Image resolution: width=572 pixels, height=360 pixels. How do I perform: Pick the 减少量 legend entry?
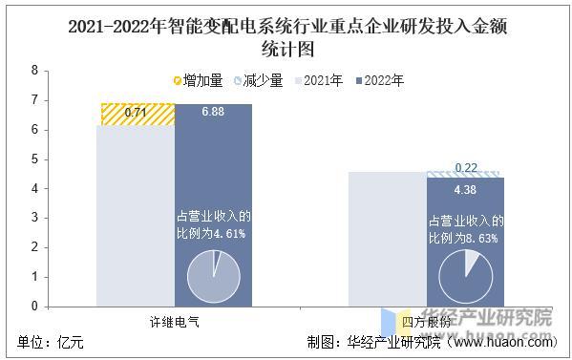coord(258,80)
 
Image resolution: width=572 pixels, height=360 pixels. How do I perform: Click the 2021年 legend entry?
coord(319,80)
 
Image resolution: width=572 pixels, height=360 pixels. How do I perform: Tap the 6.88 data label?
coord(214,114)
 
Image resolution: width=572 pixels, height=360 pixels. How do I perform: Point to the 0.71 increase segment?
coord(138,115)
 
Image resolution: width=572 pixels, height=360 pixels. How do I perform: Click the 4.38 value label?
coord(465,189)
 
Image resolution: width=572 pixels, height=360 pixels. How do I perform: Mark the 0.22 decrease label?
coord(466,168)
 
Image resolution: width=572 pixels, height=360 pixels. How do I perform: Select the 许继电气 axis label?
coord(175,322)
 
